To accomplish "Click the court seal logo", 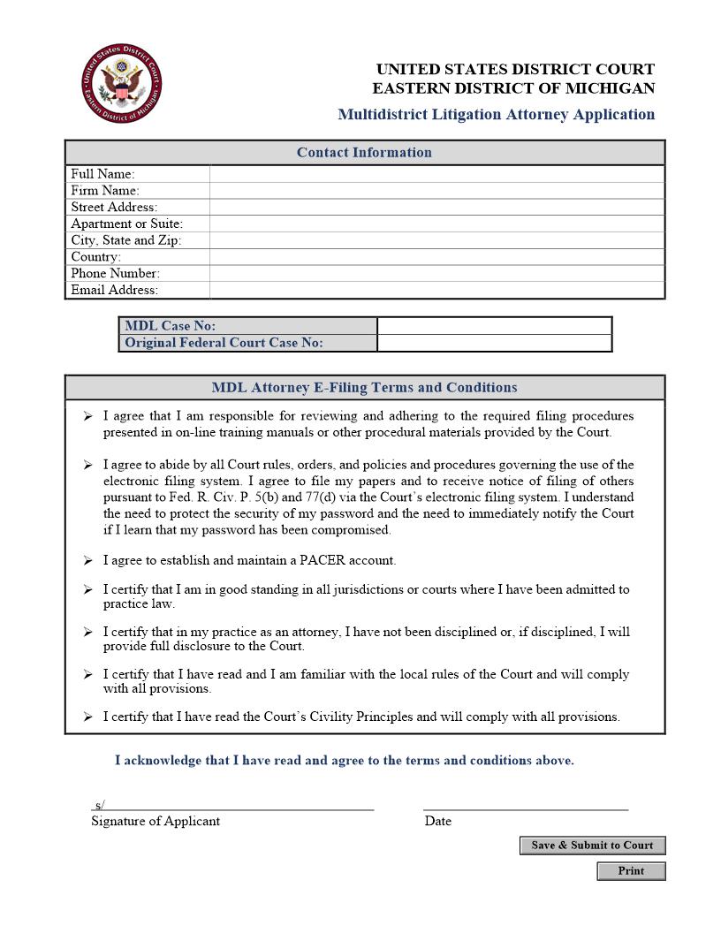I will pos(122,86).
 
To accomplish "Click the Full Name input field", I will pos(436,174).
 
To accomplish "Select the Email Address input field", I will pos(436,290).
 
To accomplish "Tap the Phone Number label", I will pos(115,273).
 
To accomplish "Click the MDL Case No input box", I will pos(494,326).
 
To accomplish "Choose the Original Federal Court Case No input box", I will pos(494,343).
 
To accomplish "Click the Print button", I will pos(631,871).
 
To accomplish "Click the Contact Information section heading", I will pos(364,152).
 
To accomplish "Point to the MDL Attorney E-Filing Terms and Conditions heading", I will pos(364,387).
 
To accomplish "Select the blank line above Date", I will pos(526,805).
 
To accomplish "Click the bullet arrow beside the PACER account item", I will pos(87,560).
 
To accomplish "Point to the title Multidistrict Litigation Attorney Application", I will pos(496,114).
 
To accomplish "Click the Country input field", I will pos(436,257).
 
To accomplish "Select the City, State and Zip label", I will pos(125,240).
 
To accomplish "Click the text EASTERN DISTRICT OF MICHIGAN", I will pos(513,88).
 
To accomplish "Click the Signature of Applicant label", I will pos(156,821).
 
